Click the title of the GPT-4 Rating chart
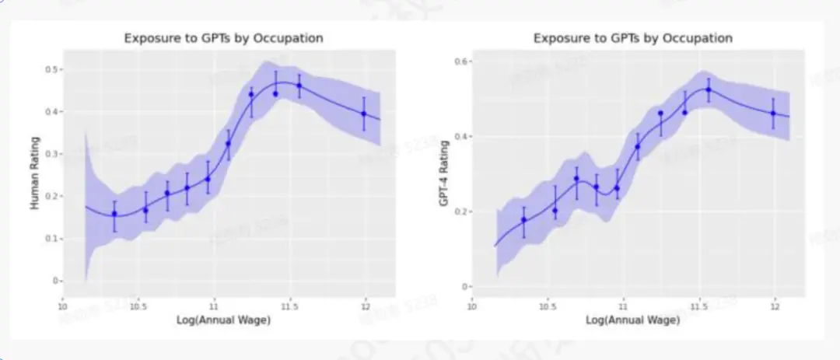tap(632, 38)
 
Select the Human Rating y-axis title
tap(34, 173)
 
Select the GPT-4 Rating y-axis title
tap(443, 173)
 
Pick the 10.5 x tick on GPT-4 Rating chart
tap(548, 306)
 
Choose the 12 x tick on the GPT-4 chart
tap(774, 306)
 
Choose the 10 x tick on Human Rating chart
tap(63, 306)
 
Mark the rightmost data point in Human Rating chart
tap(363, 114)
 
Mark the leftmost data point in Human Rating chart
tap(114, 214)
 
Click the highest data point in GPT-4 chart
tap(708, 89)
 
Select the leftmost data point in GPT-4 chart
tap(523, 220)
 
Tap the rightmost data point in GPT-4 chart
tap(773, 114)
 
